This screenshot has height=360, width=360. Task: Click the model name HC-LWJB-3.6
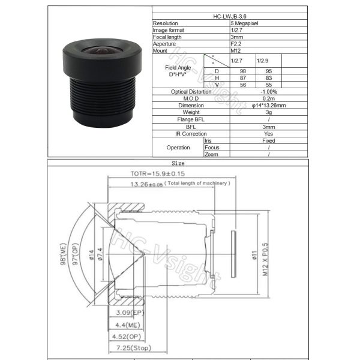[230, 16]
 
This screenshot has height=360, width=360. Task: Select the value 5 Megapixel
[244, 23]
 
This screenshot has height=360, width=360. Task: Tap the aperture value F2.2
[236, 44]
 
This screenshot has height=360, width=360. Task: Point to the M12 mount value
[235, 50]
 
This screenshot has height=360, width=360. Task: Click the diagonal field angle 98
[242, 71]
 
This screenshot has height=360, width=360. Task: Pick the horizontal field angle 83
[269, 78]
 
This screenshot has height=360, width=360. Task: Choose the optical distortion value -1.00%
[269, 92]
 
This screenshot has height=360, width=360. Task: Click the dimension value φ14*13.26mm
[269, 106]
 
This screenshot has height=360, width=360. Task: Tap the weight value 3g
[269, 112]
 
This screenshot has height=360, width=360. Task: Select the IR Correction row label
[191, 134]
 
